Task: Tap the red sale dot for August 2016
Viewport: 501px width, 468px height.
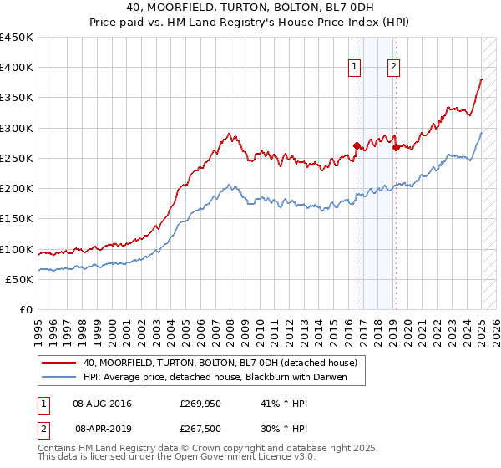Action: pos(357,145)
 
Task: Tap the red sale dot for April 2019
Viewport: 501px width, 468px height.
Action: pos(396,147)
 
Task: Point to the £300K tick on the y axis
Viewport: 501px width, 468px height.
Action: pos(16,128)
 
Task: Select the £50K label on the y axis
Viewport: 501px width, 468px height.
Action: pos(19,279)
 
